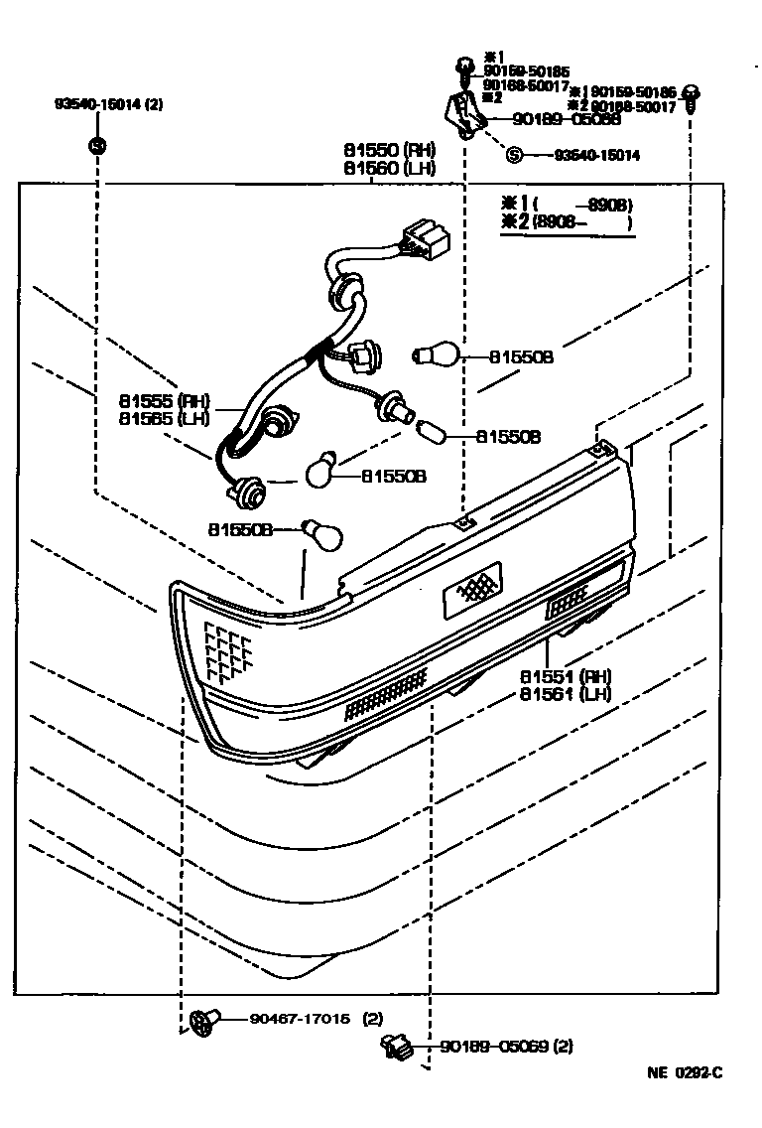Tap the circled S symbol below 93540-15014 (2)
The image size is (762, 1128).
point(97,146)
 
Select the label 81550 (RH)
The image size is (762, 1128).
point(389,151)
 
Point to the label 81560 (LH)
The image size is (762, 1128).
point(389,169)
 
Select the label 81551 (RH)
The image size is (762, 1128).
point(565,676)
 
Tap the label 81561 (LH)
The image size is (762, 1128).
point(565,694)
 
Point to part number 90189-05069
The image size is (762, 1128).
point(493,1046)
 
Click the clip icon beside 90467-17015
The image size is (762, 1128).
point(203,1019)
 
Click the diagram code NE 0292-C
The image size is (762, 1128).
point(685,1072)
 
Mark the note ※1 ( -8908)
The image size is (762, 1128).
point(567,206)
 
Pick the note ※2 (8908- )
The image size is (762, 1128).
point(567,222)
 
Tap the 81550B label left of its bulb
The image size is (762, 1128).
point(239,530)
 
